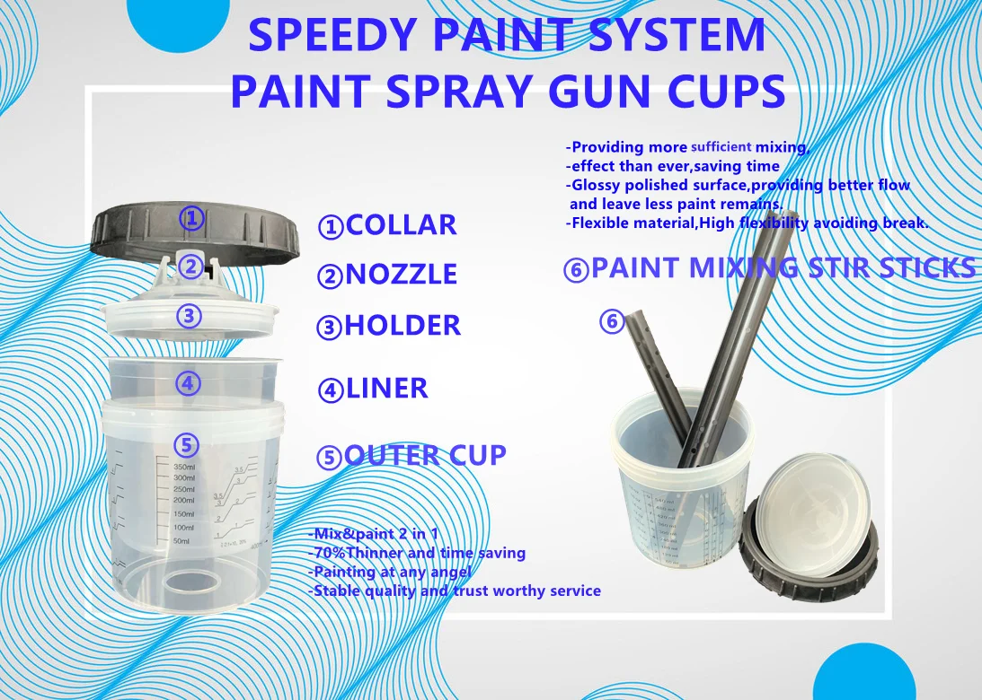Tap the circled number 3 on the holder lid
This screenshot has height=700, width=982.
tap(189, 316)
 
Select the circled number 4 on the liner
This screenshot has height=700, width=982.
tap(187, 383)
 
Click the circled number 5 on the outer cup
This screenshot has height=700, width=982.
tap(186, 444)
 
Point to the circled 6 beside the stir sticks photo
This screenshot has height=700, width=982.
tap(612, 320)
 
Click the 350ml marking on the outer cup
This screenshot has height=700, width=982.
tap(183, 468)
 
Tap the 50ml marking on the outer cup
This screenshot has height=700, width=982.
tap(183, 540)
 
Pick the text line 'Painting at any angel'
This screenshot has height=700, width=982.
tap(389, 572)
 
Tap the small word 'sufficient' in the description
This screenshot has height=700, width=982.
tap(721, 146)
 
